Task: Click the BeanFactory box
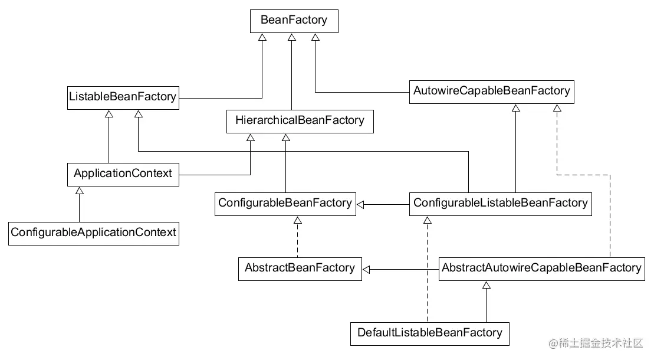pyautogui.click(x=294, y=21)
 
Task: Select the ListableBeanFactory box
pyautogui.click(x=123, y=98)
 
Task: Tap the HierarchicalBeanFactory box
pyautogui.click(x=300, y=122)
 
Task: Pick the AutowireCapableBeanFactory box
pyautogui.click(x=492, y=92)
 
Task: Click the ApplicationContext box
pyautogui.click(x=123, y=175)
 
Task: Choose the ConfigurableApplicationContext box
pyautogui.click(x=94, y=234)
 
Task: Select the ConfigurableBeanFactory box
pyautogui.click(x=285, y=204)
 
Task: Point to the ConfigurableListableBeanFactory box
pyautogui.click(x=501, y=204)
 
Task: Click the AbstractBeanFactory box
pyautogui.click(x=300, y=269)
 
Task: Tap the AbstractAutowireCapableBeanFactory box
pyautogui.click(x=542, y=269)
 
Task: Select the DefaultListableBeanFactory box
pyautogui.click(x=429, y=333)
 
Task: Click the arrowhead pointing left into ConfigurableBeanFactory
pyautogui.click(x=360, y=205)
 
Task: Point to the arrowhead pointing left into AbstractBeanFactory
pyautogui.click(x=366, y=269)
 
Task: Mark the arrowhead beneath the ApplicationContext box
pyautogui.click(x=79, y=191)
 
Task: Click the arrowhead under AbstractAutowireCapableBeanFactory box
pyautogui.click(x=487, y=285)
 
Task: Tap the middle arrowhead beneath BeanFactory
pyautogui.click(x=292, y=38)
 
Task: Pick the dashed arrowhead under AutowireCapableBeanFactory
pyautogui.click(x=557, y=108)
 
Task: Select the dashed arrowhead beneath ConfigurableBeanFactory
pyautogui.click(x=297, y=220)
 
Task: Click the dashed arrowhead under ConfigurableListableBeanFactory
pyautogui.click(x=427, y=220)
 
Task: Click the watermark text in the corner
pyautogui.click(x=596, y=343)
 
